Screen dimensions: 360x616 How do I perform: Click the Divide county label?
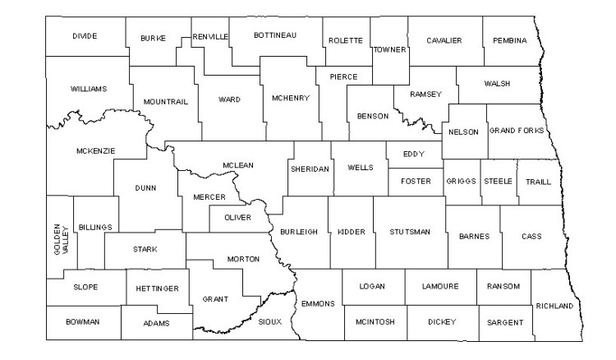(85, 36)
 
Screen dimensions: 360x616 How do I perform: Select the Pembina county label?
(510, 40)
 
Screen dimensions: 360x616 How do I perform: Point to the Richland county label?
(554, 306)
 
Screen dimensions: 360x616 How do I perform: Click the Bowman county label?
(83, 321)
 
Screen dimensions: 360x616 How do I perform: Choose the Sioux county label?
(269, 321)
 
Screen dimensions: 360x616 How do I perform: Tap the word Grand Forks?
(517, 131)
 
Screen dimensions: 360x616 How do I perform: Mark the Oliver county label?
(237, 218)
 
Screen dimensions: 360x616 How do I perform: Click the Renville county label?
(210, 37)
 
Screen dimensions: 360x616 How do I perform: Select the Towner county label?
(389, 49)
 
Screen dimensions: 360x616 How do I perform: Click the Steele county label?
(497, 181)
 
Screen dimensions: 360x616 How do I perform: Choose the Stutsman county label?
(410, 232)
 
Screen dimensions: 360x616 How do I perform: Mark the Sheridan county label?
(310, 168)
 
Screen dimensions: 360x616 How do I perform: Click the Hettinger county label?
(152, 289)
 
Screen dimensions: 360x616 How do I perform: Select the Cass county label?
(531, 236)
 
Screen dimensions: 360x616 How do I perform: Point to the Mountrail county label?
(165, 101)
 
